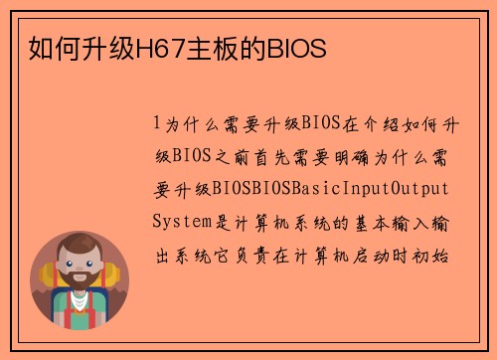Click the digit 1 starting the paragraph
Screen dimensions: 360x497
[x=157, y=123]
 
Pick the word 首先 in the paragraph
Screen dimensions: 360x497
[x=289, y=156]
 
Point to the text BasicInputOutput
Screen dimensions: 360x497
[x=367, y=189]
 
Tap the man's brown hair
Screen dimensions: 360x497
[x=81, y=244]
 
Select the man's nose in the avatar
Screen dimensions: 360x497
[x=80, y=270]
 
